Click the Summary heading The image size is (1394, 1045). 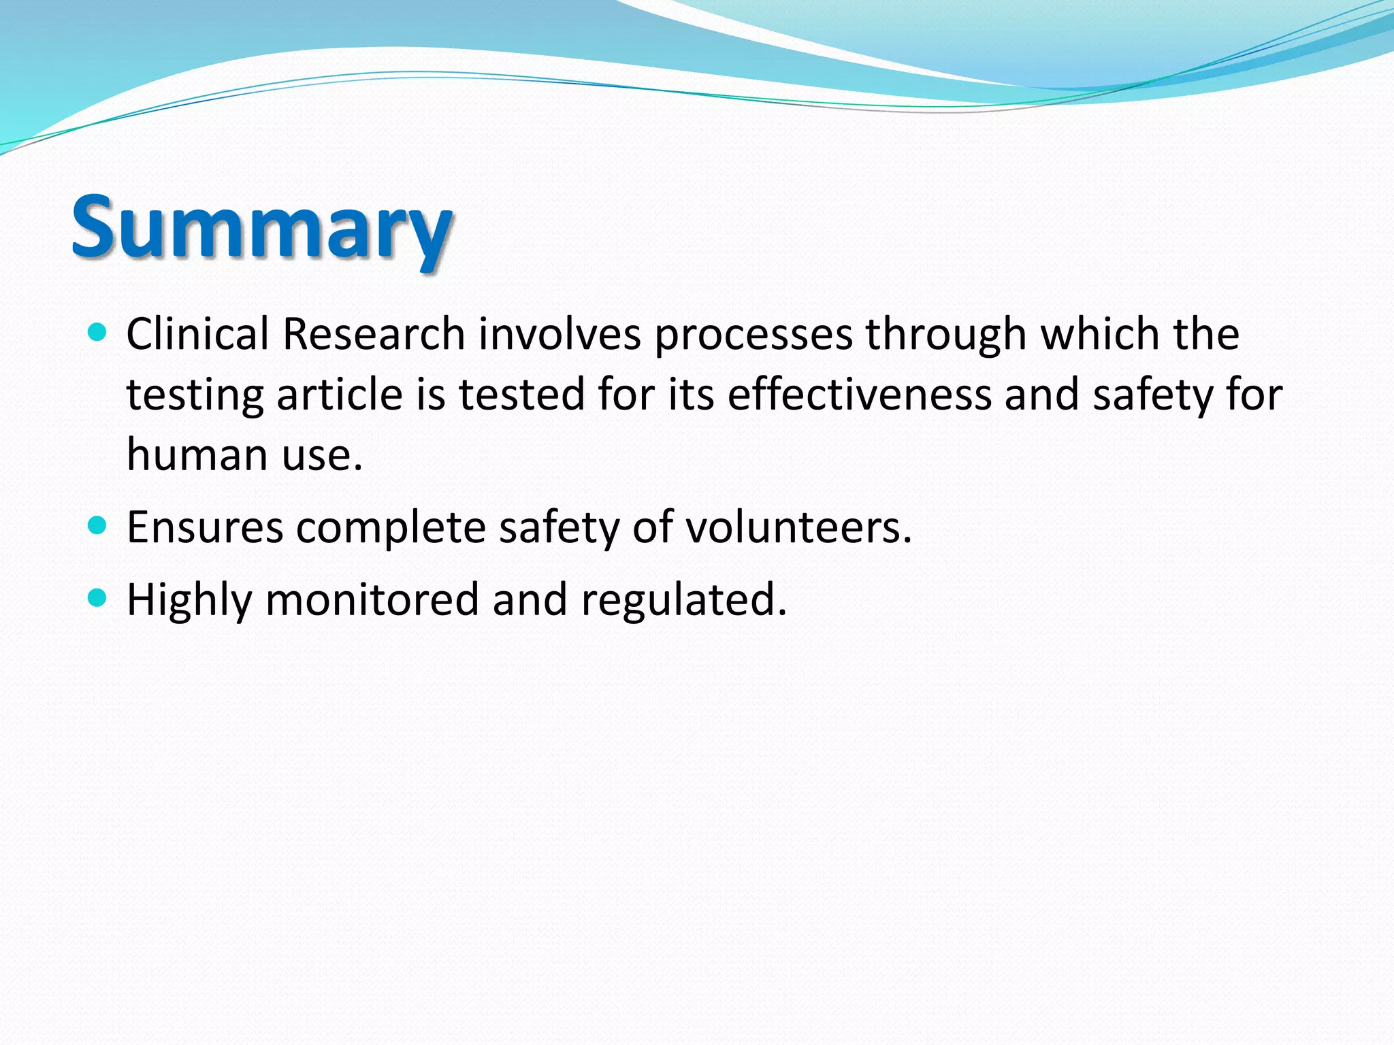[x=262, y=228]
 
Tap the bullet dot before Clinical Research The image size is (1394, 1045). [x=98, y=333]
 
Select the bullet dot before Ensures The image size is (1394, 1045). [x=98, y=525]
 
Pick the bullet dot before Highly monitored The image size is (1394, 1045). [x=98, y=598]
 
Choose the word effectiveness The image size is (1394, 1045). [x=860, y=395]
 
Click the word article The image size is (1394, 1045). [x=340, y=395]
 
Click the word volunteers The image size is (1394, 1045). [x=798, y=527]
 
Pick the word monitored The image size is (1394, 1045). [x=372, y=599]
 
